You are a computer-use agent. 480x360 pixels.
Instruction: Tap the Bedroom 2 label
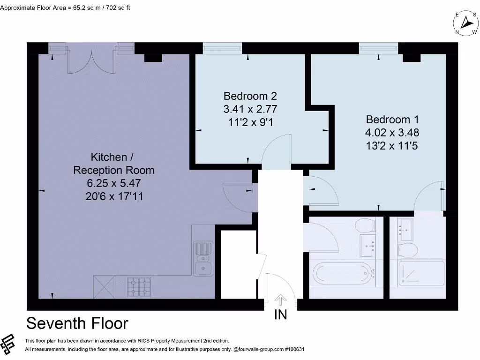click(x=250, y=96)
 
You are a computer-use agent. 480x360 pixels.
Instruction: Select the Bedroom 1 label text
click(x=392, y=119)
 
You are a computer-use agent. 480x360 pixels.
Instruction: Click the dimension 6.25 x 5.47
click(x=113, y=183)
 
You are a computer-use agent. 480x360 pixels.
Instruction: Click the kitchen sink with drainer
click(x=203, y=258)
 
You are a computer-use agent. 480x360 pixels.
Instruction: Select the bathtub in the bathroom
click(x=344, y=274)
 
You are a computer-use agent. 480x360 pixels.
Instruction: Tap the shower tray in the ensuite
click(x=421, y=274)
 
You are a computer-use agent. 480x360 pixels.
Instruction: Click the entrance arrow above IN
click(x=281, y=300)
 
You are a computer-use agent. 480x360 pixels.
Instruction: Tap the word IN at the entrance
click(x=281, y=315)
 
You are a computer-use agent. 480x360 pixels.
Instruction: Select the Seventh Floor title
click(x=77, y=323)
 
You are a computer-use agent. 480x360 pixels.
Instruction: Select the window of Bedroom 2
click(x=222, y=47)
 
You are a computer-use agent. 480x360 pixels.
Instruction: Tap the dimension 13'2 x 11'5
click(x=392, y=146)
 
